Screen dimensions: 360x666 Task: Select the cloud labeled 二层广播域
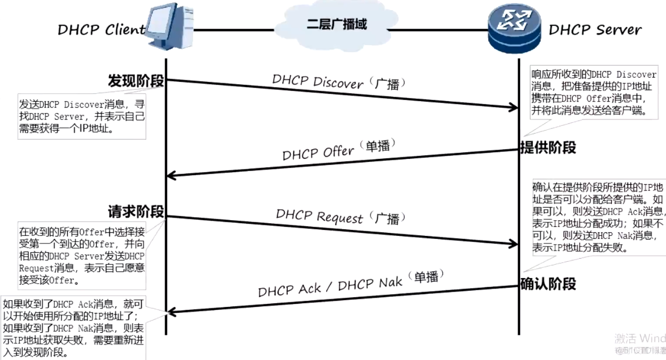pyautogui.click(x=336, y=25)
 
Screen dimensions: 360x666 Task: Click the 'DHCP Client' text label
pyautogui.click(x=101, y=30)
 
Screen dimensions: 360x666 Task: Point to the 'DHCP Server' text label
pyautogui.click(x=595, y=30)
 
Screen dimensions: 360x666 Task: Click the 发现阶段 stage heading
pyautogui.click(x=136, y=81)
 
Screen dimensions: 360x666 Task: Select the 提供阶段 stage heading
pyautogui.click(x=548, y=147)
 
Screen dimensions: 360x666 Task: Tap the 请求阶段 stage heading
pyautogui.click(x=136, y=211)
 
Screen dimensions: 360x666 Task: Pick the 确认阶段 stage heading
pyautogui.click(x=548, y=284)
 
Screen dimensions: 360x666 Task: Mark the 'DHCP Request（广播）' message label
pyautogui.click(x=340, y=216)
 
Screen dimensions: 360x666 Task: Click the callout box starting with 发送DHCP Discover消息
pyautogui.click(x=82, y=116)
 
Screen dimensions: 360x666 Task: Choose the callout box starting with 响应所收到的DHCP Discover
pyautogui.click(x=593, y=93)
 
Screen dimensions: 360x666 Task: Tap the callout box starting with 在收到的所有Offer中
pyautogui.click(x=82, y=255)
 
